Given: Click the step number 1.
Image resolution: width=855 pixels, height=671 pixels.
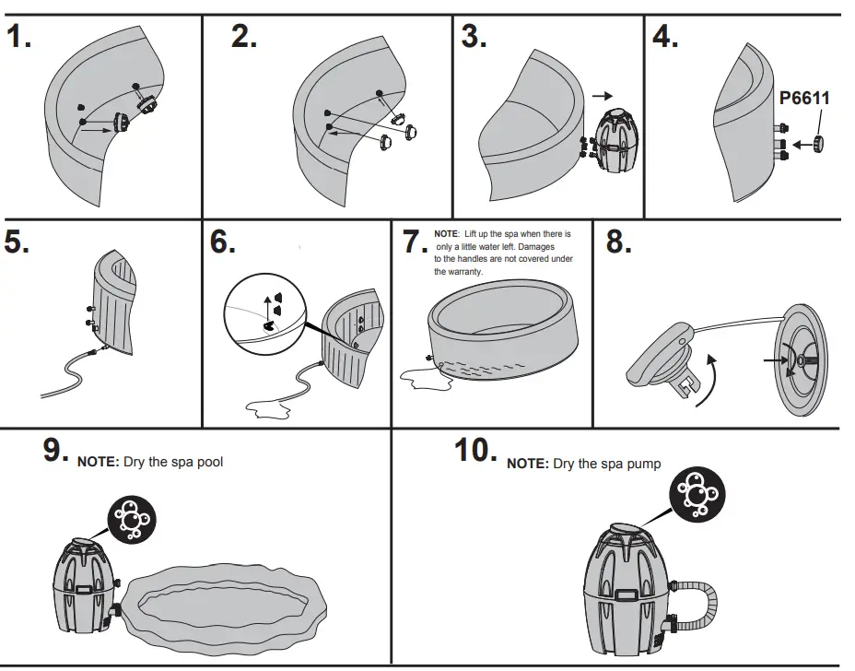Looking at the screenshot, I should click(19, 39).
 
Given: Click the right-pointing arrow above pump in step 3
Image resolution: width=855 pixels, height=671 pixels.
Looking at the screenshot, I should click(602, 95).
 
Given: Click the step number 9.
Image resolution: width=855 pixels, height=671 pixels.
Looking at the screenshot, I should click(56, 451).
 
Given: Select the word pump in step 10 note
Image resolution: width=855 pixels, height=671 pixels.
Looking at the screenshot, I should click(642, 464).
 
